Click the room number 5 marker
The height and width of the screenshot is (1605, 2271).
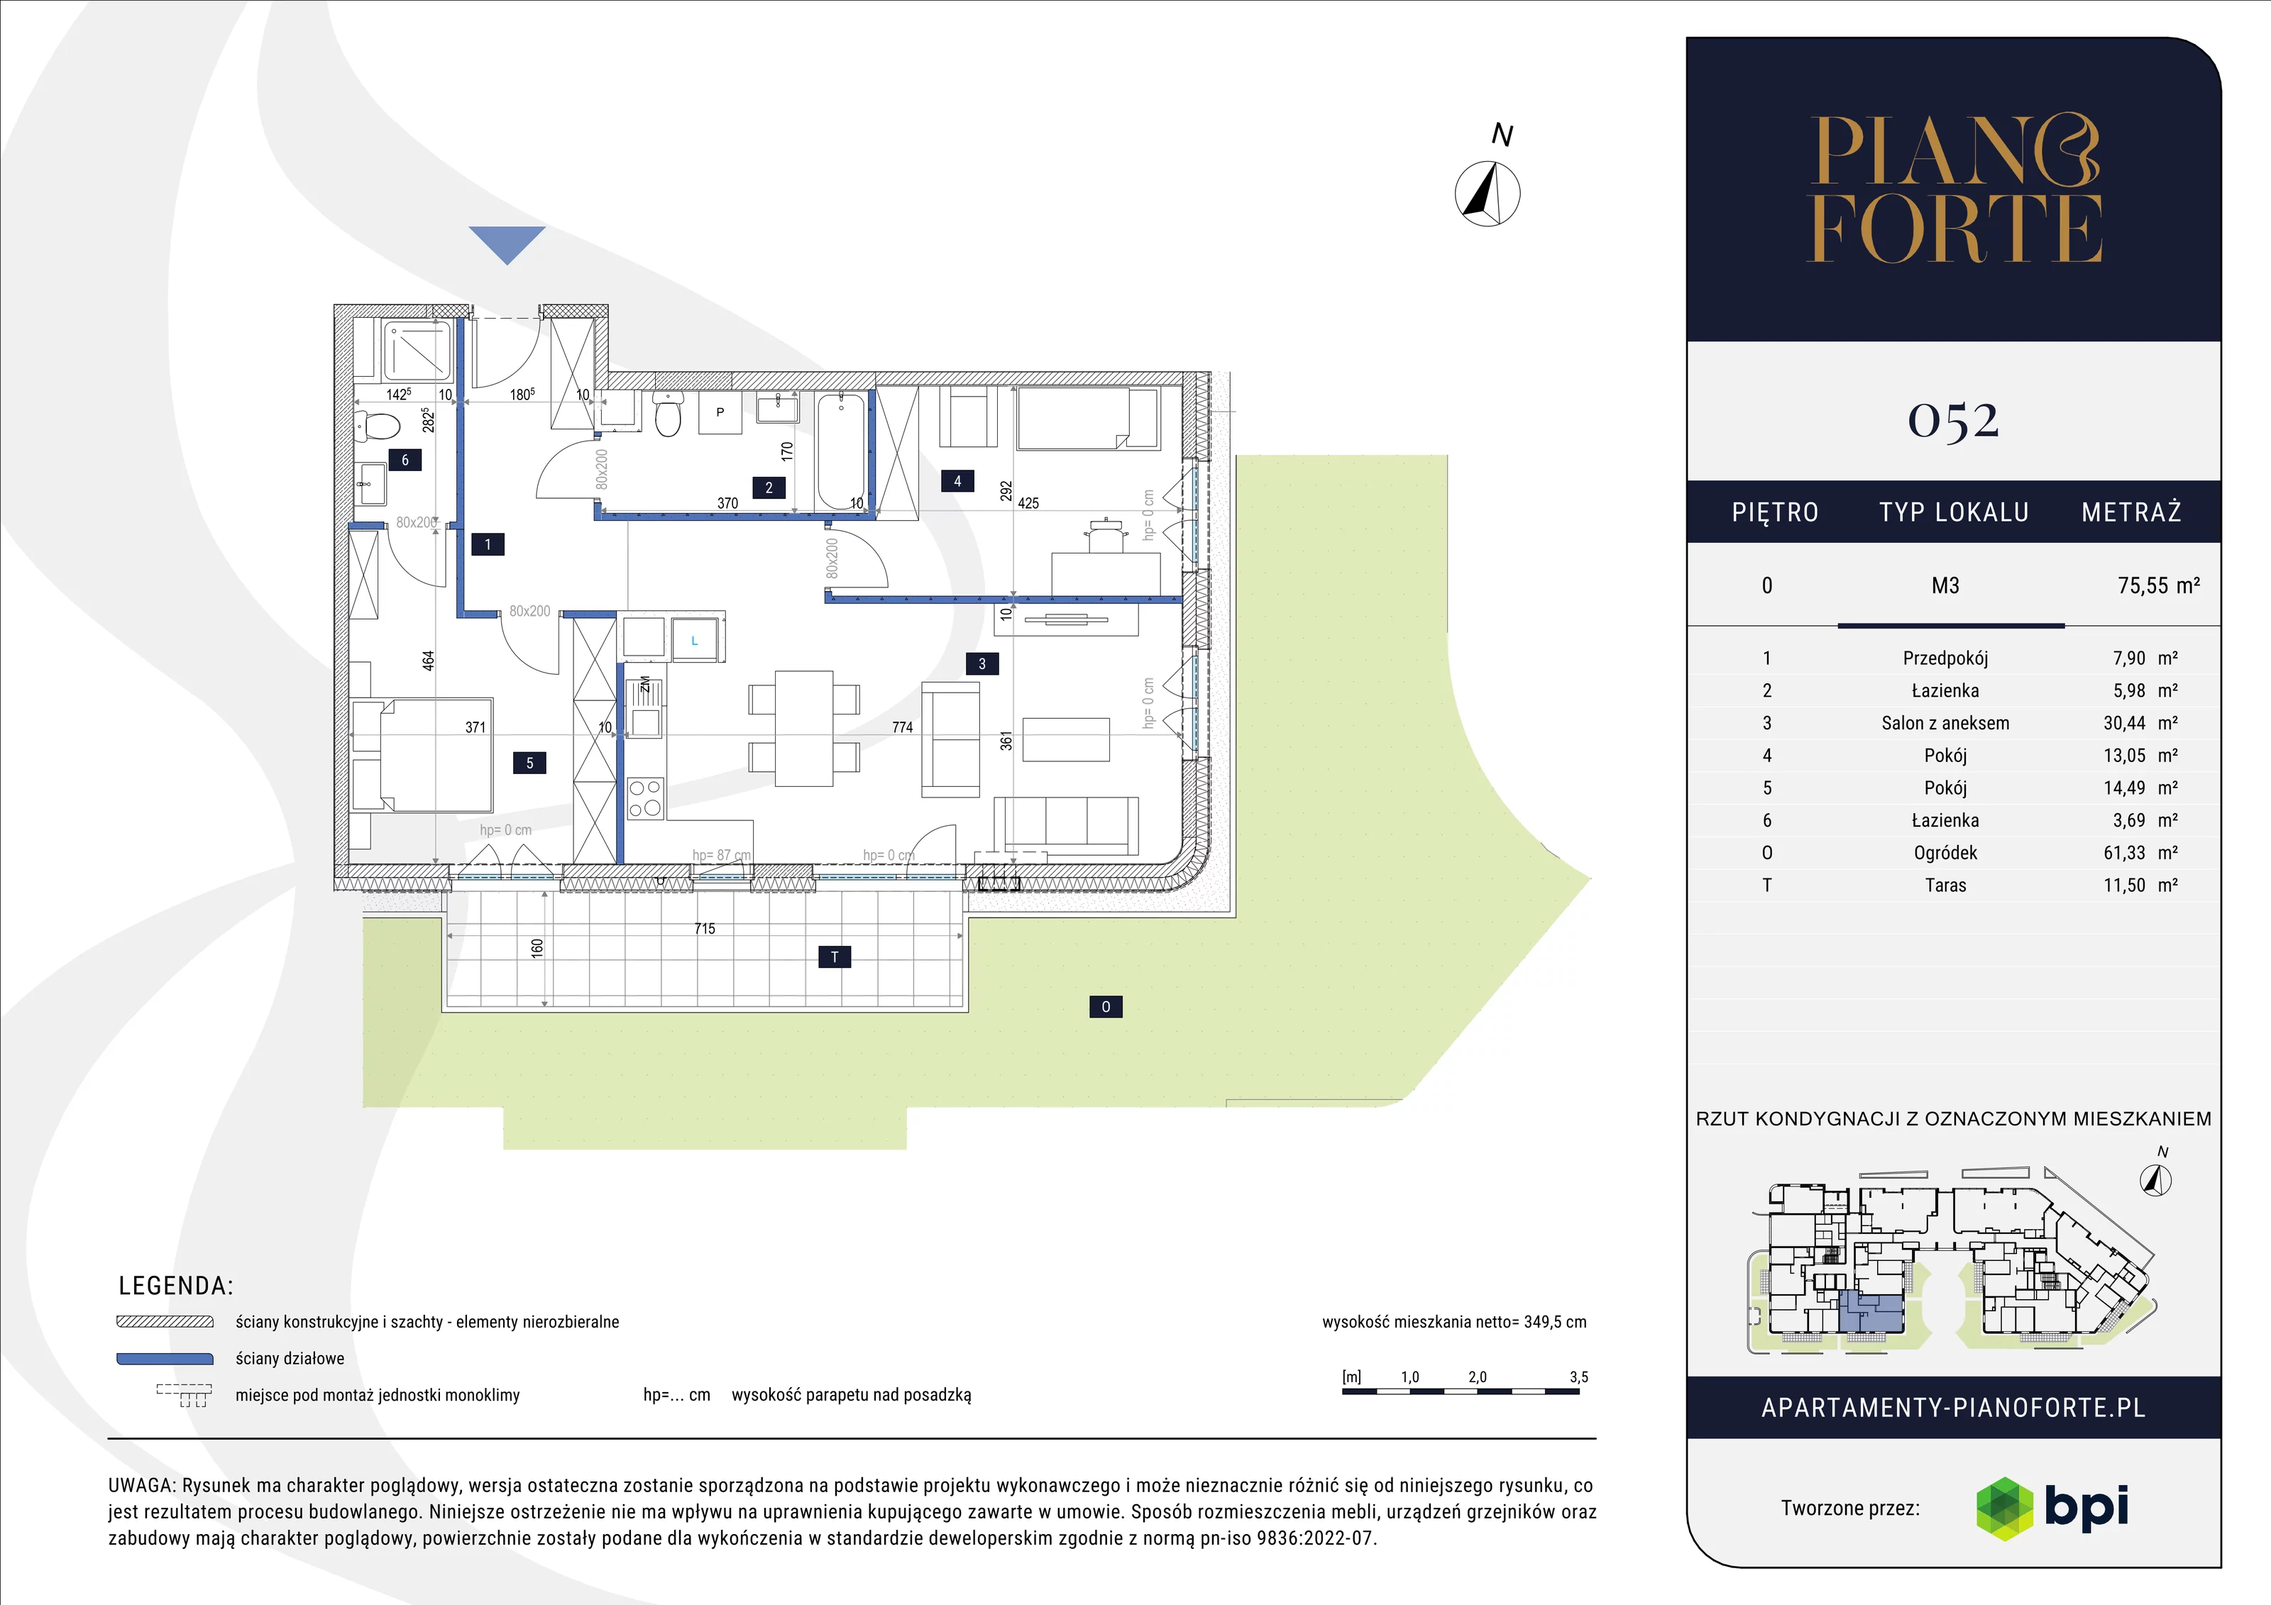coord(529,763)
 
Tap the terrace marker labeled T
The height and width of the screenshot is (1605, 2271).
coord(835,956)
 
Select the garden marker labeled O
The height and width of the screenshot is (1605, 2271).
coord(1106,1007)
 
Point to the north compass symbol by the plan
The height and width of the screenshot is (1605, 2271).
coord(1488,193)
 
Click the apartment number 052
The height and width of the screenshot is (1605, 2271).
coord(1954,420)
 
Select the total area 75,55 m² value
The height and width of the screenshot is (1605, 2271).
coord(2158,585)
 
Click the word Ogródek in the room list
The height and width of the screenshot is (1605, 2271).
coord(1945,852)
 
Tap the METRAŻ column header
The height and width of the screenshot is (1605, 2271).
coord(2131,512)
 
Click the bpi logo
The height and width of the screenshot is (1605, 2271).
coord(2052,1508)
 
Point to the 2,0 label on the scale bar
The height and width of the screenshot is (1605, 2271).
coord(1478,1377)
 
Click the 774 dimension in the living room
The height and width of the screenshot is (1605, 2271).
coord(902,727)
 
